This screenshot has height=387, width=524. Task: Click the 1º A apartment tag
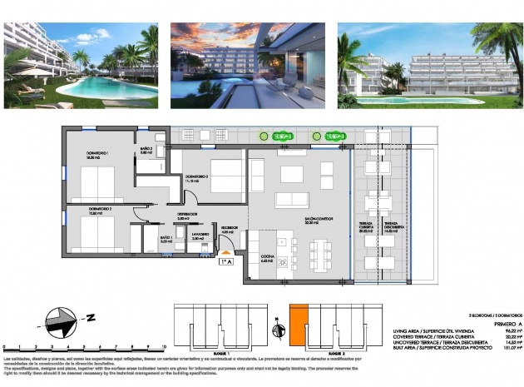225,262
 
